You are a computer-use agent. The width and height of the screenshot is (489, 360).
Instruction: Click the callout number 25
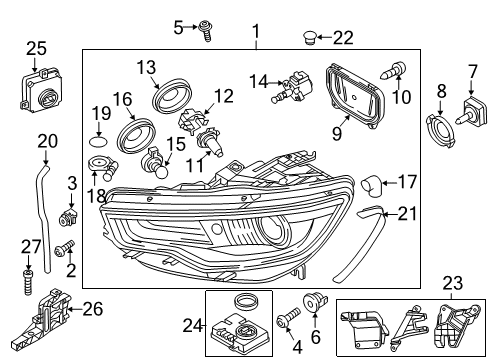pos(36,49)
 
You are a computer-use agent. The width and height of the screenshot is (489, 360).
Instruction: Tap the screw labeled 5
pos(205,31)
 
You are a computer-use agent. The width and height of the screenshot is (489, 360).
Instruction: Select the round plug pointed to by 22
pos(310,37)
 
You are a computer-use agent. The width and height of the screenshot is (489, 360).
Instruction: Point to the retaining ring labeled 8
pos(441,130)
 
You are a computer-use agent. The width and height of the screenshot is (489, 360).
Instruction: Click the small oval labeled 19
pos(99,141)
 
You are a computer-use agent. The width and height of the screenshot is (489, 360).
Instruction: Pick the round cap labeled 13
pos(173,95)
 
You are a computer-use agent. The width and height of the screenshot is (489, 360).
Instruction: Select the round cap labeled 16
pos(136,136)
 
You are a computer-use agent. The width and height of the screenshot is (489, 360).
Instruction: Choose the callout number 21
pos(407,213)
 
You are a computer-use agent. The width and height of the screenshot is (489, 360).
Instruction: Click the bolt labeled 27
pos(28,283)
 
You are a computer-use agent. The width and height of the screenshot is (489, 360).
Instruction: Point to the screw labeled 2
pos(66,249)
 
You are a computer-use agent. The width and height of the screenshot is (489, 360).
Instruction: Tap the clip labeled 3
pos(68,217)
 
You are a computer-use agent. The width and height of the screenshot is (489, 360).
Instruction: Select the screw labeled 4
pos(289,318)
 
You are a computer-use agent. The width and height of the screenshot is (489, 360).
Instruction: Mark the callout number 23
pos(453,283)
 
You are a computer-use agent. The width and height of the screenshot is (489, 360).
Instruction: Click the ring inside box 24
pos(247,302)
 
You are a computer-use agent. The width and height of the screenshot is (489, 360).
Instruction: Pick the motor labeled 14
pos(293,88)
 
